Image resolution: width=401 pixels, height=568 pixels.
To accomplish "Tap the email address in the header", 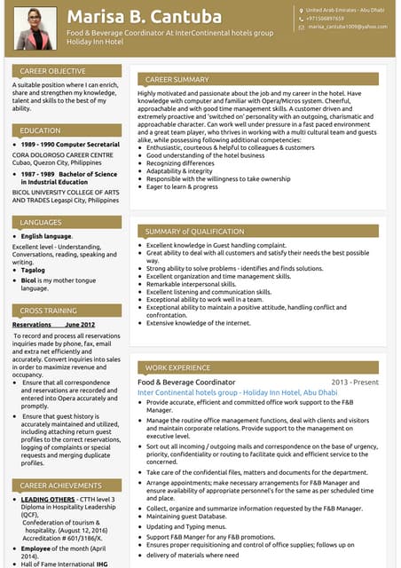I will [x=347, y=28].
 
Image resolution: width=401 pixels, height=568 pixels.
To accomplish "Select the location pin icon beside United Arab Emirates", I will [x=302, y=9].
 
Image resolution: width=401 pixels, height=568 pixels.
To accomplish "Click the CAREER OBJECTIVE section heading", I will [x=52, y=70].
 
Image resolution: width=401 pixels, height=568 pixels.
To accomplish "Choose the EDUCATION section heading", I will [x=40, y=130].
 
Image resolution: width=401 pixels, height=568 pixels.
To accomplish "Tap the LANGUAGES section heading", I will [x=41, y=222].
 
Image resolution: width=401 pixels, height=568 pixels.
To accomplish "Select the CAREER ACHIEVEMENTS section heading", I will [x=59, y=485].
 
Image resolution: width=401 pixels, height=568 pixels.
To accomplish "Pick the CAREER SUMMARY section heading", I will [x=177, y=79].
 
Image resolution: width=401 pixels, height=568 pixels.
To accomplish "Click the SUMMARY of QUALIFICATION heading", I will [x=194, y=232].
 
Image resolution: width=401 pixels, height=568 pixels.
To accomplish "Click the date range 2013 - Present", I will [x=354, y=382].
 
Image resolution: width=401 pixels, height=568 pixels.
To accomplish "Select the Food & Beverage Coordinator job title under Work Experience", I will [x=186, y=382].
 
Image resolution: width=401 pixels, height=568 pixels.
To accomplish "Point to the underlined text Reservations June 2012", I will [x=53, y=325].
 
